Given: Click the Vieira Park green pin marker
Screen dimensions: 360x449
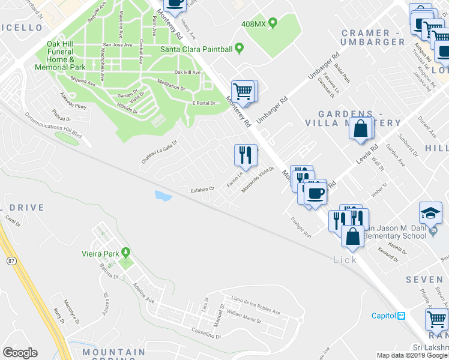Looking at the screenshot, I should click(x=125, y=253).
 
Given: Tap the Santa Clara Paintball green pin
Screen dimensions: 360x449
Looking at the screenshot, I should click(x=239, y=48).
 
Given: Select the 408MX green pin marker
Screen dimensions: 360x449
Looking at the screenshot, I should click(x=273, y=23).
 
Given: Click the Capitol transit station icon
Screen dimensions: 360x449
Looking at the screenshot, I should click(x=401, y=316).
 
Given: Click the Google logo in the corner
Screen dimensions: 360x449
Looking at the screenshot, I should click(x=20, y=353).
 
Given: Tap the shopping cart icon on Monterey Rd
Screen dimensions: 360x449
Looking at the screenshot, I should click(x=243, y=92).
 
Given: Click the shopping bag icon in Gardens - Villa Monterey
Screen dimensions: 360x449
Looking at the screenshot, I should click(x=361, y=129).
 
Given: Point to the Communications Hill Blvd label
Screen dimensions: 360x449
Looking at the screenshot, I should click(x=52, y=127).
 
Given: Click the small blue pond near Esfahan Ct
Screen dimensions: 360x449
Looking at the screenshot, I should click(x=161, y=195).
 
